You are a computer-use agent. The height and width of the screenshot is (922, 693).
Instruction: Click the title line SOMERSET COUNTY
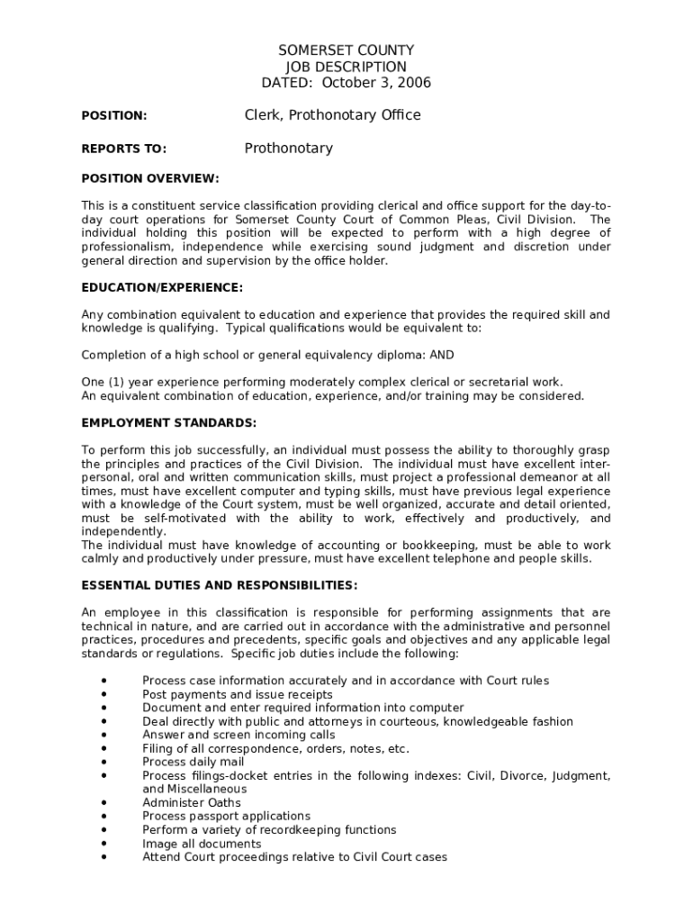346,50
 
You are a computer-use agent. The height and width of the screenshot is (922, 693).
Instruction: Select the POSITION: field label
114,116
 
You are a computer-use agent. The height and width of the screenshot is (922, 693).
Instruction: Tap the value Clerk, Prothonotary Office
332,115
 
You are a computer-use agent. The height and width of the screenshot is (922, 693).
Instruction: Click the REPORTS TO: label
123,149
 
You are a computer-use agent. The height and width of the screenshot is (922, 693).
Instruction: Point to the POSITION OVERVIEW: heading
150,178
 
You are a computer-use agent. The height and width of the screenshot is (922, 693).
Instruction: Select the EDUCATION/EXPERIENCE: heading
162,287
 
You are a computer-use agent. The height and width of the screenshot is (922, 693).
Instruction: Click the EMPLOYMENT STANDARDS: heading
169,423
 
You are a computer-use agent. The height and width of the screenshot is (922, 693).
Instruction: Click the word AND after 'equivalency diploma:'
442,355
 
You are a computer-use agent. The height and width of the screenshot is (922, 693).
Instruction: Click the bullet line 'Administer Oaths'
192,802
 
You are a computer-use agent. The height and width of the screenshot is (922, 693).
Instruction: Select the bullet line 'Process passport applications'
226,816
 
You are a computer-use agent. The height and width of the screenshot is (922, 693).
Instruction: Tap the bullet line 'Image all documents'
202,844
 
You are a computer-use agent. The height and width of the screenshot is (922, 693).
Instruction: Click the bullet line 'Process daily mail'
193,762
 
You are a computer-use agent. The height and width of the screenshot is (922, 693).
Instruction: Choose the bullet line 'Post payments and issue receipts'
238,694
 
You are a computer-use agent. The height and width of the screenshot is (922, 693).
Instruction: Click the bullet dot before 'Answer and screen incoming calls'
105,735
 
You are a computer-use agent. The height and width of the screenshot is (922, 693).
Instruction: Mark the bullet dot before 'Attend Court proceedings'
105,857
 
